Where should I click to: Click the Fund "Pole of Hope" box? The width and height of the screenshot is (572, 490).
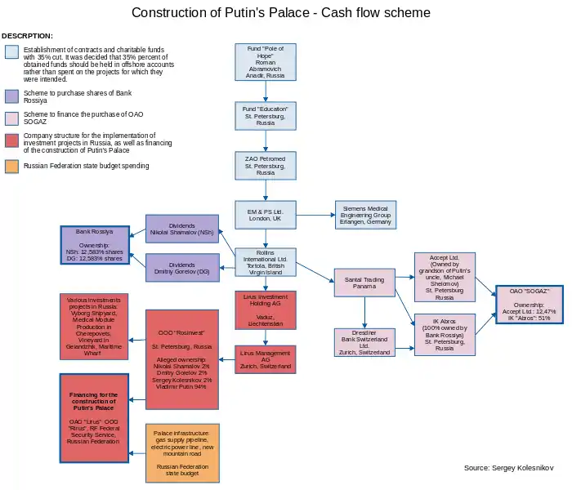pos(266,63)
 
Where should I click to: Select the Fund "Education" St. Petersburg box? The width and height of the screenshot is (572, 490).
pos(266,115)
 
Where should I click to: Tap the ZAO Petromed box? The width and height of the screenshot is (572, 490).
pos(266,165)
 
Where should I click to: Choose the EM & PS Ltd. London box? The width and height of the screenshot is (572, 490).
pos(266,215)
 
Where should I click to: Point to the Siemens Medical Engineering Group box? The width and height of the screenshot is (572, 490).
pos(365,215)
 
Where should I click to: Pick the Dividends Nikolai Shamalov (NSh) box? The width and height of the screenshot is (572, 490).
pos(182,228)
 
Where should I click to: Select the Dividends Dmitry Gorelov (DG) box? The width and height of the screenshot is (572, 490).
pos(182,269)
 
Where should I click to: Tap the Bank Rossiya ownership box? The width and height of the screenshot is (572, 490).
pos(95,244)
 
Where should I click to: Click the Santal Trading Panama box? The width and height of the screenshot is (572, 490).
pos(364,283)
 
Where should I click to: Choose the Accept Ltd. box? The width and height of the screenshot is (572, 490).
pos(445,278)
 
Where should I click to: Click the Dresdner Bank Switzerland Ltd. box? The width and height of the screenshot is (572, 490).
pos(364,342)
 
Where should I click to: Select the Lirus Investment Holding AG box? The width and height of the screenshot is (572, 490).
pos(266,310)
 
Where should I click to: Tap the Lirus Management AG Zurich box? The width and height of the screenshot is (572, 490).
pos(266,359)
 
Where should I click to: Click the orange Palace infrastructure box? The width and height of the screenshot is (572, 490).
pos(182,453)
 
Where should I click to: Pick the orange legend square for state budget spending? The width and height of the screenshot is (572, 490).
pos(11,166)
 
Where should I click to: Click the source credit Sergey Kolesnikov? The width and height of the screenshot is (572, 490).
pos(508,468)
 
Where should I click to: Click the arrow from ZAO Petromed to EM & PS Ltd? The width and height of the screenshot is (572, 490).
pos(266,190)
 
